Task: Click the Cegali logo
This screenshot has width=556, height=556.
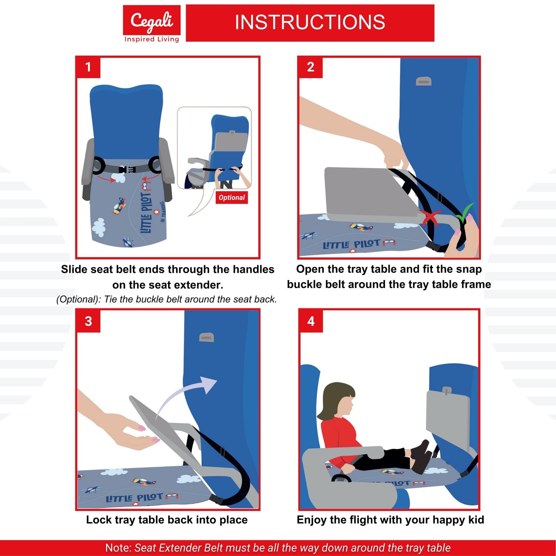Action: (152, 24)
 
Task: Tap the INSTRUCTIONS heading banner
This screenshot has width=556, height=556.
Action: (310, 23)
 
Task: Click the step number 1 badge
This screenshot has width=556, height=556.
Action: (88, 67)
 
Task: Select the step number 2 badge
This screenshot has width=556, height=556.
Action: (310, 67)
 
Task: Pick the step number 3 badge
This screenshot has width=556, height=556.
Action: (88, 321)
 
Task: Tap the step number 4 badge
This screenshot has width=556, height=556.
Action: (311, 321)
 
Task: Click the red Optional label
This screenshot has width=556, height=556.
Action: (232, 197)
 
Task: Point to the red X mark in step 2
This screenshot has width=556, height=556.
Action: (430, 218)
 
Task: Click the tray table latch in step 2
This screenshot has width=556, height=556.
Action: (424, 81)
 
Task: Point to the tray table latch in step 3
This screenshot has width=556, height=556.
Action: (206, 337)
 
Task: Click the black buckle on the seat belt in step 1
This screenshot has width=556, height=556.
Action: (127, 170)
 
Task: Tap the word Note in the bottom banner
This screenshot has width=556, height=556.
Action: (118, 548)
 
